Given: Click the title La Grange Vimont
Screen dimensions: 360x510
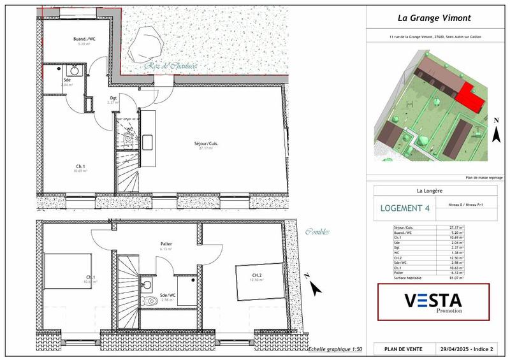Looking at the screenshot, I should click(x=435, y=18).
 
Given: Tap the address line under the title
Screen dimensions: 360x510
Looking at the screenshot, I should click(x=435, y=37).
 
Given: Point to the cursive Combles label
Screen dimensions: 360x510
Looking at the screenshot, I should click(x=318, y=232).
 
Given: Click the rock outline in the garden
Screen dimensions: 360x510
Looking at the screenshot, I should click(x=149, y=45).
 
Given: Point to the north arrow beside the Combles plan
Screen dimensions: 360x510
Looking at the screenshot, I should click(x=313, y=286).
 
